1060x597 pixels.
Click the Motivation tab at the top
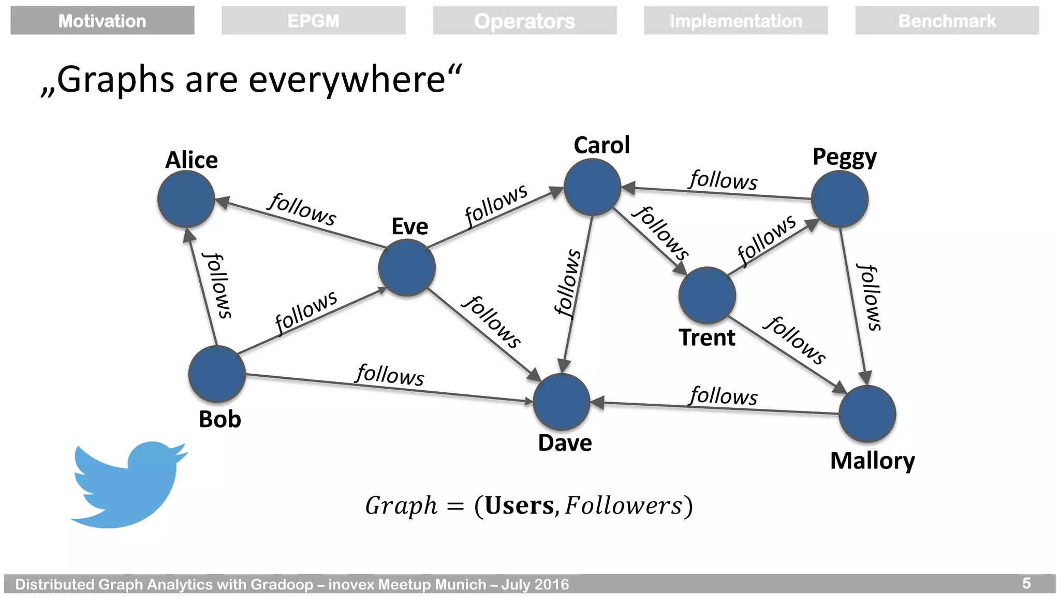click(102, 21)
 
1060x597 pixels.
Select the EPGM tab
click(313, 21)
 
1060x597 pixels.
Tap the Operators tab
click(524, 21)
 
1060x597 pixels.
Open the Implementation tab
click(735, 21)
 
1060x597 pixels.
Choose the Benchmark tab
click(947, 21)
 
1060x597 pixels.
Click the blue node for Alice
click(186, 199)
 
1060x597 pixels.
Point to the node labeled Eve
click(407, 268)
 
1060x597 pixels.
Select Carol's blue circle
click(592, 187)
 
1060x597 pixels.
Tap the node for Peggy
click(840, 199)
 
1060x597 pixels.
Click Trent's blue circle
click(707, 295)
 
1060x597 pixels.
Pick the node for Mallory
click(867, 414)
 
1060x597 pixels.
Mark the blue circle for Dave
click(562, 402)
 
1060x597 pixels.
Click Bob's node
click(217, 374)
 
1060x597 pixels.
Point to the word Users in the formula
click(519, 506)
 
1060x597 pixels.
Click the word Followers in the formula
click(624, 506)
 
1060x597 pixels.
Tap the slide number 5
click(1027, 584)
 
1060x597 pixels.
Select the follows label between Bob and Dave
click(390, 375)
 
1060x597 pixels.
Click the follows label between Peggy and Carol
click(723, 180)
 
